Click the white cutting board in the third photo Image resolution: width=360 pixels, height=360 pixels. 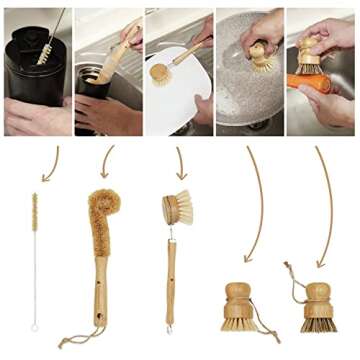[x=172, y=100]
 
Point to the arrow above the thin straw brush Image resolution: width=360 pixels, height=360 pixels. [x=51, y=164]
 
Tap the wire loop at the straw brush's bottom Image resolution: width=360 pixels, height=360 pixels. [x=34, y=327]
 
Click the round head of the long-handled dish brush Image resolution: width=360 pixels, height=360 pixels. [x=174, y=208]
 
